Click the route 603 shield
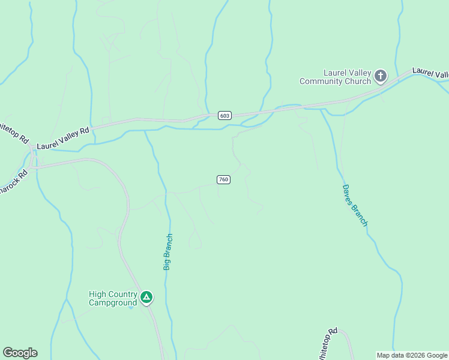pyautogui.click(x=224, y=115)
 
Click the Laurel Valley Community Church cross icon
pyautogui.click(x=380, y=76)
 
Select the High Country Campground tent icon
pyautogui.click(x=146, y=297)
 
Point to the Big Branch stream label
pyautogui.click(x=168, y=251)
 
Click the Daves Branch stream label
pyautogui.click(x=354, y=205)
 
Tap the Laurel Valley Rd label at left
pyautogui.click(x=63, y=138)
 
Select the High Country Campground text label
pyautogui.click(x=113, y=298)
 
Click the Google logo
pyautogui.click(x=20, y=353)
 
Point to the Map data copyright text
pyautogui.click(x=412, y=355)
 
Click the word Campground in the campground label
pyautogui.click(x=113, y=302)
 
